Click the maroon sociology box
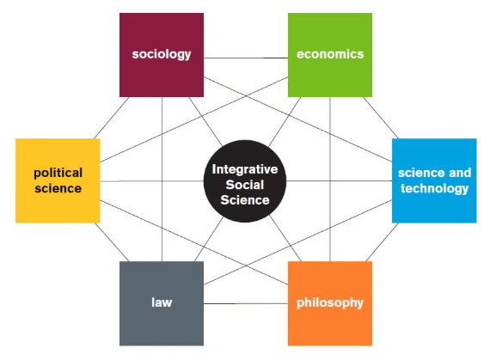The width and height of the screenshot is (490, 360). tap(162, 55)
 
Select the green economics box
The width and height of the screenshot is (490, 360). tap(330, 55)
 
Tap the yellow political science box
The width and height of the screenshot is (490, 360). tap(58, 180)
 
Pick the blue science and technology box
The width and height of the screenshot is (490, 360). tap(434, 180)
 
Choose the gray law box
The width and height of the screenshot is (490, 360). tap(162, 303)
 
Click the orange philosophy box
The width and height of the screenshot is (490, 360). tap(330, 303)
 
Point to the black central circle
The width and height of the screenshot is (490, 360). tap(245, 181)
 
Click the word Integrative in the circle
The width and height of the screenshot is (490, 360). tap(245, 169)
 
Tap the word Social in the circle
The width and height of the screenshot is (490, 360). tap(245, 185)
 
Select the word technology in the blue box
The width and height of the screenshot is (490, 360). tap(435, 188)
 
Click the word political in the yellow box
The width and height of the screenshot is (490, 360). tap(58, 173)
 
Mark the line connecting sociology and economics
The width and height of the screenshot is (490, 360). tap(246, 58)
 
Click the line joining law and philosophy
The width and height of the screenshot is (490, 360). tap(246, 303)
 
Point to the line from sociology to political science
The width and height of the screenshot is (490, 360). tap(112, 118)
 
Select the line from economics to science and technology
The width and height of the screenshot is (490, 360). tap(381, 118)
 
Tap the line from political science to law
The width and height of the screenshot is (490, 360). tap(112, 242)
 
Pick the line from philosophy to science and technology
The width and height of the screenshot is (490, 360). tap(383, 242)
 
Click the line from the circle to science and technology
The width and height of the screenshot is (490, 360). tap(340, 180)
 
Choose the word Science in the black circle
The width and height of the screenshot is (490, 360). tap(245, 200)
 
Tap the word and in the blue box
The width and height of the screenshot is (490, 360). tap(460, 173)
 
